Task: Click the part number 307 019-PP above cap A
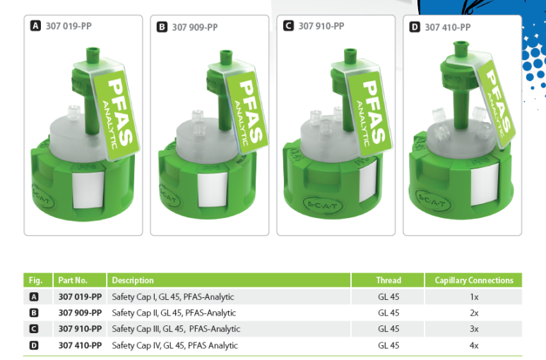tap(69, 26)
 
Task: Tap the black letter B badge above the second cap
tap(162, 27)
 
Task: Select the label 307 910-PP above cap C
tap(321, 26)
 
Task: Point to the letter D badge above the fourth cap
tap(415, 27)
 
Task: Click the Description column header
tap(133, 280)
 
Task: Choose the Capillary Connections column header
tap(474, 280)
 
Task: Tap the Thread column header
tap(388, 280)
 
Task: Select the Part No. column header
tap(73, 280)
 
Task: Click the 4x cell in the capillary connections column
tap(474, 345)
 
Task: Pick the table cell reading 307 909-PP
tap(80, 313)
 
